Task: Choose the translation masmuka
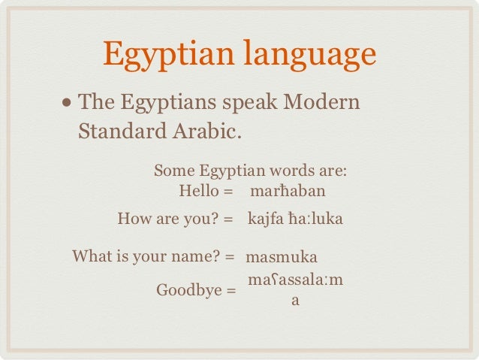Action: click(282, 257)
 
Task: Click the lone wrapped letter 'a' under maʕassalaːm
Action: click(296, 301)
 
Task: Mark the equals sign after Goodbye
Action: click(230, 289)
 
